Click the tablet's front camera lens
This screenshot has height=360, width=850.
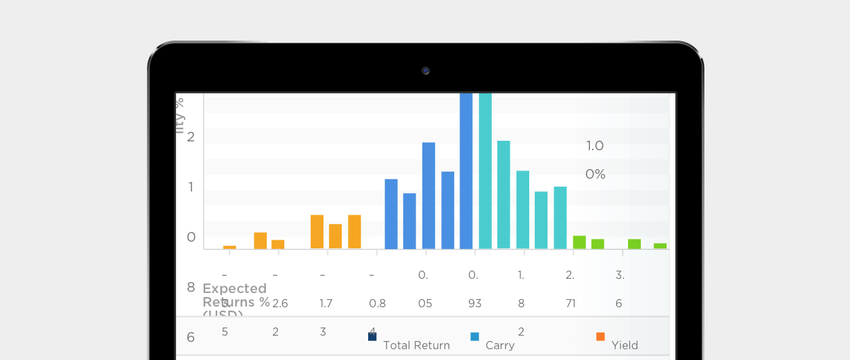[426, 70]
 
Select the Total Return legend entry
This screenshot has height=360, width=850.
[416, 345]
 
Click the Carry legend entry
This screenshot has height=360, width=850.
[500, 345]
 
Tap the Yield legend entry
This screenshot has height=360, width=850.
[625, 345]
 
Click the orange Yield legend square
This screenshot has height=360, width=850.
[600, 336]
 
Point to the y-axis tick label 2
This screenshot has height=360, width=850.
[191, 137]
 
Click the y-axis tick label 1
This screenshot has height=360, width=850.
[191, 187]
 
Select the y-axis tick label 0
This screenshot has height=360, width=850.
[191, 237]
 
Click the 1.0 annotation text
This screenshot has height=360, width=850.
[595, 145]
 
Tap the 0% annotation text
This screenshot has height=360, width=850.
[595, 175]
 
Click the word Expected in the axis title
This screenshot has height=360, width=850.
[234, 289]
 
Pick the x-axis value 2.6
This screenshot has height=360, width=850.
[280, 304]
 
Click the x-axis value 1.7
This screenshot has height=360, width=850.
[326, 304]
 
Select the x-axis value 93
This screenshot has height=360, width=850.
[474, 304]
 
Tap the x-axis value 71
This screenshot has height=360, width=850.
[571, 304]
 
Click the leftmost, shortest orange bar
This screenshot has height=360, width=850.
[229, 247]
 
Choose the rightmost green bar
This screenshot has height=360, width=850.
[660, 246]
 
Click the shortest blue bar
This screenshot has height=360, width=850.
[409, 221]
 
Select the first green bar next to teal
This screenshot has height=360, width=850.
[579, 242]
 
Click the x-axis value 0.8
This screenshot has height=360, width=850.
[378, 304]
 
